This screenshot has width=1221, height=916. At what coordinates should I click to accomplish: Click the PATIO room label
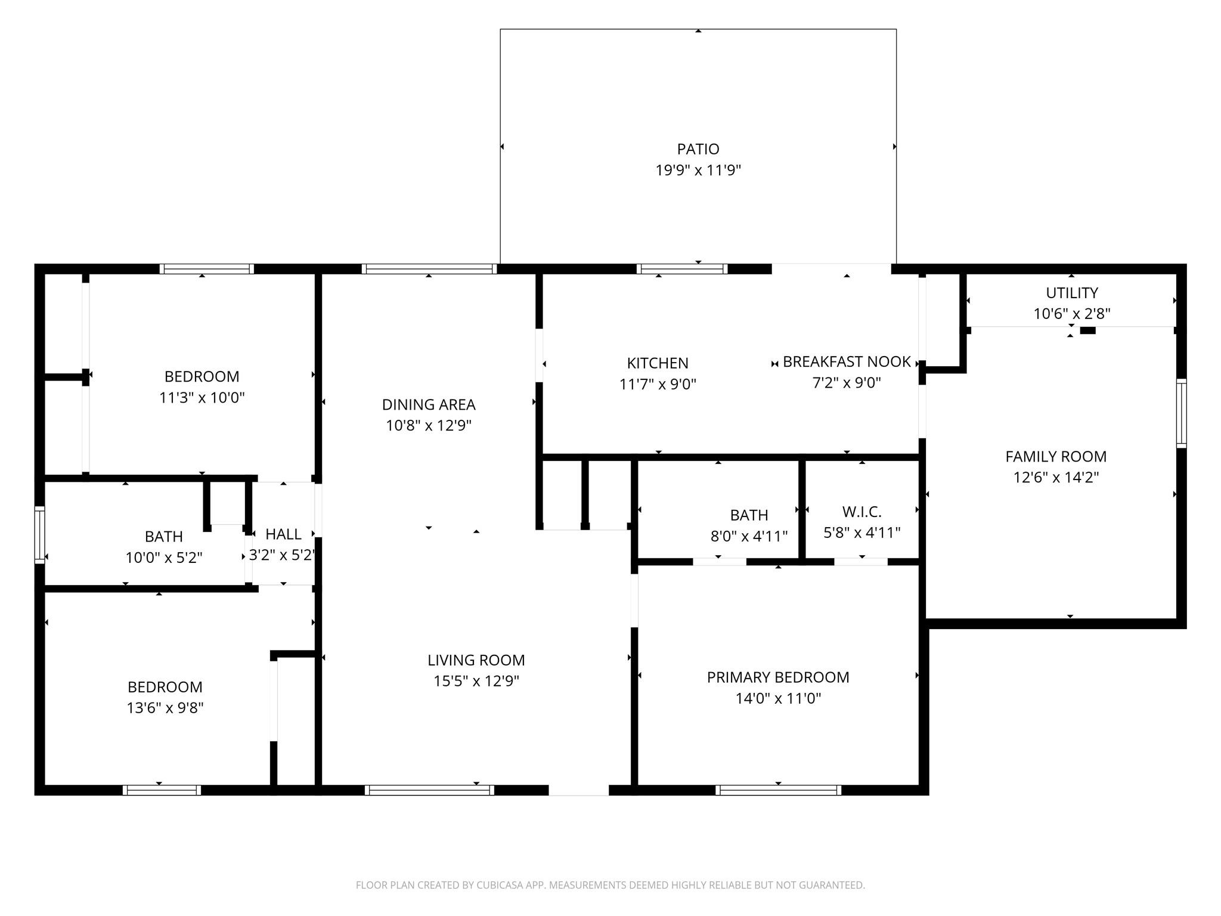click(698, 148)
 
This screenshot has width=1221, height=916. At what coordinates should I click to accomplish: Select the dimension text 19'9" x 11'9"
click(698, 170)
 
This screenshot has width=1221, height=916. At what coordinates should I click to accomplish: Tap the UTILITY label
click(1071, 293)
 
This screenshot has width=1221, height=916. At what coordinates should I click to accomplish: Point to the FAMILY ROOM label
click(1055, 456)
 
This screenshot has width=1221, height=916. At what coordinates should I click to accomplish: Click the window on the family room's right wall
click(1180, 413)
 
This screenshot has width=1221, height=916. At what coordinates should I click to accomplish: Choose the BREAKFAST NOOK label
click(846, 361)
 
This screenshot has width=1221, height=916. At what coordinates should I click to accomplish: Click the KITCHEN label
click(657, 363)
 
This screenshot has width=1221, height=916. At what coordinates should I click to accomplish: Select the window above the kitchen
click(681, 269)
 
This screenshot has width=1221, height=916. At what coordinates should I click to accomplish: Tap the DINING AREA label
click(428, 404)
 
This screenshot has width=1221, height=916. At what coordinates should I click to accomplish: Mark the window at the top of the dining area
click(429, 269)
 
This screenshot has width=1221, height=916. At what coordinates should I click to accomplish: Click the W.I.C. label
click(861, 512)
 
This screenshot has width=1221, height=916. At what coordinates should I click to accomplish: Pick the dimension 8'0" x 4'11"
click(749, 536)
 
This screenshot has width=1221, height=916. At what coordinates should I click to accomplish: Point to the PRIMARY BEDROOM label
click(777, 677)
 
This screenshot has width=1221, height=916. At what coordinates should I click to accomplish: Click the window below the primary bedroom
click(778, 790)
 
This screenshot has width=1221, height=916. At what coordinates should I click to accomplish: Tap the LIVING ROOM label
click(476, 660)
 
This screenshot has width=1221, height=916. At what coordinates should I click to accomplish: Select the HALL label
click(283, 534)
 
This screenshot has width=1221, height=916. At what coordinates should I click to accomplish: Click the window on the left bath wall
click(40, 534)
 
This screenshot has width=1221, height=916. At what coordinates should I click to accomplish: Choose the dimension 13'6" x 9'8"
click(165, 708)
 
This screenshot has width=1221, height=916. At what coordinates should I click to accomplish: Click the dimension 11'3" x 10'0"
click(202, 397)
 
